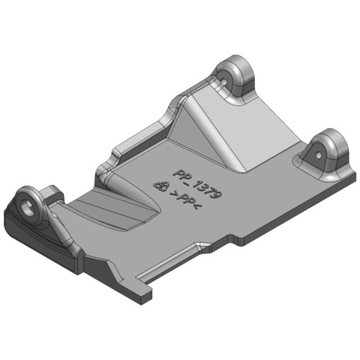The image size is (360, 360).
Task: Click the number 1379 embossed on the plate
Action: click(x=208, y=188)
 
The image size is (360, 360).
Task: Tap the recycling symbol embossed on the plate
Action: click(x=161, y=186)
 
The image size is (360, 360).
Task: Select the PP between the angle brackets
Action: click(x=186, y=198)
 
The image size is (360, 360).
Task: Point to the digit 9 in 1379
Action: click(x=219, y=193)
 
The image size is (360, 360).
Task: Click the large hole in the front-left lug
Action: click(x=28, y=208)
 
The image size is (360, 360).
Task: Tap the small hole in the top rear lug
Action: click(x=224, y=82)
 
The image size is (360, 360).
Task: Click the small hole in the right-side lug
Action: click(x=318, y=156)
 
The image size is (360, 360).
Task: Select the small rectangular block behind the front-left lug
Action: click(x=53, y=194)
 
